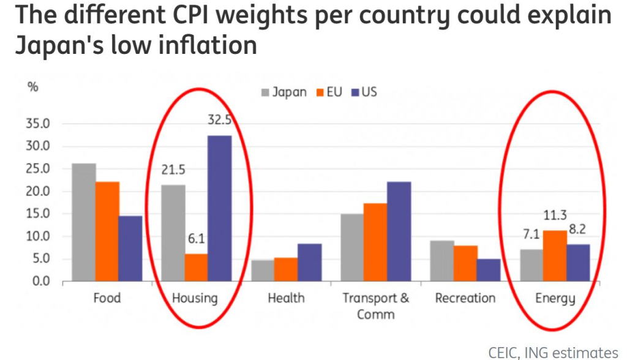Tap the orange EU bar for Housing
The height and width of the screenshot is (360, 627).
tap(197, 268)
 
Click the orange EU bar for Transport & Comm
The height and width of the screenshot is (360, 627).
tap(375, 242)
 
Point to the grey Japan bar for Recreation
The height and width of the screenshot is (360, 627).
tap(442, 261)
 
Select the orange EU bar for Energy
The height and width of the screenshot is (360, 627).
tap(554, 255)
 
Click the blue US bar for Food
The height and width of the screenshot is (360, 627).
tap(130, 248)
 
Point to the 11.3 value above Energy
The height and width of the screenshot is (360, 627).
tap(555, 216)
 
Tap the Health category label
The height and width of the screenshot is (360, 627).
tap(286, 298)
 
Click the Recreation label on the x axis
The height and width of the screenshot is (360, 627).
tap(465, 298)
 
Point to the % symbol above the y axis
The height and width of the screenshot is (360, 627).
tap(32, 86)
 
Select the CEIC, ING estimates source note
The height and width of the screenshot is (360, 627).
tap(553, 352)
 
